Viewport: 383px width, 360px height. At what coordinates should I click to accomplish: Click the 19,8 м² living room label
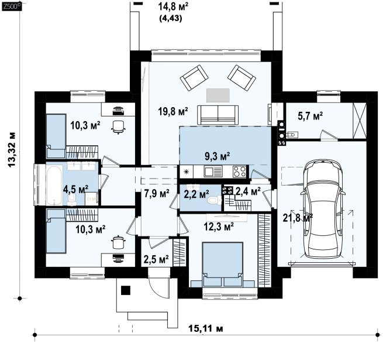(x=173, y=112)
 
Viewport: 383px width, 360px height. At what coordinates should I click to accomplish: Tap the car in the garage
(x=323, y=209)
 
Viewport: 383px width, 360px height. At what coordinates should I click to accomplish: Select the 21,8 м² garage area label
(x=298, y=217)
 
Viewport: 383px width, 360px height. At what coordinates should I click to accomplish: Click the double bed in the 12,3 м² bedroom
(x=223, y=264)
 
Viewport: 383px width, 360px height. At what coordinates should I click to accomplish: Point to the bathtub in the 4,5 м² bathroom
(x=54, y=185)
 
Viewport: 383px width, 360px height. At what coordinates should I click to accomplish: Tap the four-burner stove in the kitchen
(x=239, y=171)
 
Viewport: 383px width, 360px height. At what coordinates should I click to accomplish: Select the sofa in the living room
(x=218, y=115)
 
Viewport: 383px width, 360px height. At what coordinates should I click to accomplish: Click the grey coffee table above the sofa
(x=218, y=95)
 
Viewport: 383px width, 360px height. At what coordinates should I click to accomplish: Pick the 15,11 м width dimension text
(x=206, y=328)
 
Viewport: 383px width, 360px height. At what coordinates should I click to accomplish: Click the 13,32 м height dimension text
(x=12, y=150)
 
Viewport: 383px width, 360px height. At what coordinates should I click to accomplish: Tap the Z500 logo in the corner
(x=12, y=6)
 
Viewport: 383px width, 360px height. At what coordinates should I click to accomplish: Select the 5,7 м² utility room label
(x=310, y=116)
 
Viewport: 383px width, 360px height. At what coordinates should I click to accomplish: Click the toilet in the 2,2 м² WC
(x=213, y=200)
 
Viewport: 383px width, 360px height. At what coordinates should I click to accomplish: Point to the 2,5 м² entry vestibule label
(x=156, y=259)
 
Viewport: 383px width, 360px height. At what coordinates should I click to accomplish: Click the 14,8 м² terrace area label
(x=173, y=6)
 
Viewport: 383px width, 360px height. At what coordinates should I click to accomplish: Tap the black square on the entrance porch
(x=126, y=290)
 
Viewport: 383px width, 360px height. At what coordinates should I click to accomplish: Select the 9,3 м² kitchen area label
(x=217, y=156)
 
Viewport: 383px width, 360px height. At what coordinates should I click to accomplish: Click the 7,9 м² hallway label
(x=157, y=193)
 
